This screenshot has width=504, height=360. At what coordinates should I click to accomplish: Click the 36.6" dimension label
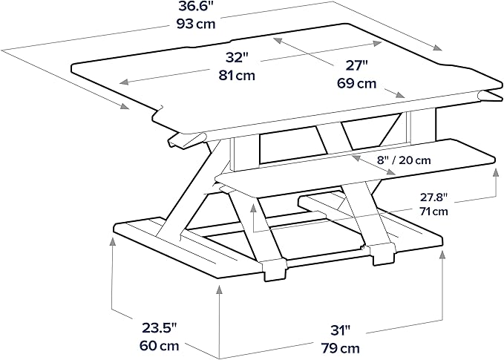pyautogui.click(x=195, y=6)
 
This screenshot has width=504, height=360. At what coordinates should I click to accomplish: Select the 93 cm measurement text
pyautogui.click(x=195, y=24)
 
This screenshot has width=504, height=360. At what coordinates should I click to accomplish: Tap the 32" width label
pyautogui.click(x=238, y=58)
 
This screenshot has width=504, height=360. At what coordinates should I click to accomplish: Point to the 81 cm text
pyautogui.click(x=238, y=76)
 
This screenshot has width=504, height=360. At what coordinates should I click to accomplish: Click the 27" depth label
pyautogui.click(x=356, y=66)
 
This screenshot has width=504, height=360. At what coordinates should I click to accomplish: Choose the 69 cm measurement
pyautogui.click(x=356, y=84)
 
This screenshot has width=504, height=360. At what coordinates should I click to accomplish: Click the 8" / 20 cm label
pyautogui.click(x=404, y=160)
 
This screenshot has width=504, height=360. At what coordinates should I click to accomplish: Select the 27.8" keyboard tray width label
pyautogui.click(x=433, y=197)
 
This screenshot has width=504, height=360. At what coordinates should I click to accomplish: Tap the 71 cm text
pyautogui.click(x=433, y=212)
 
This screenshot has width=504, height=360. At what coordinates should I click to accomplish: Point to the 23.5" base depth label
pyautogui.click(x=160, y=329)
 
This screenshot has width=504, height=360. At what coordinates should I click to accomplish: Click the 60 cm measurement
pyautogui.click(x=159, y=346)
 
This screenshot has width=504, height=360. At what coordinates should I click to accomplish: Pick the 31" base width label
pyautogui.click(x=341, y=330)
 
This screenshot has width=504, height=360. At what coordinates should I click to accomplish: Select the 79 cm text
pyautogui.click(x=340, y=348)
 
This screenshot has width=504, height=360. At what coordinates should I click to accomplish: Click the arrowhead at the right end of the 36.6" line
pyautogui.click(x=437, y=48)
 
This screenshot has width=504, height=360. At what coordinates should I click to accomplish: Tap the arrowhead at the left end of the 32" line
pyautogui.click(x=125, y=82)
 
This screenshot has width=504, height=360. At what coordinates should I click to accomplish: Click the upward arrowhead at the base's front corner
pyautogui.click(x=219, y=290)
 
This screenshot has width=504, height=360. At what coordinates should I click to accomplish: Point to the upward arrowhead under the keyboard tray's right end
pyautogui.click(x=494, y=171)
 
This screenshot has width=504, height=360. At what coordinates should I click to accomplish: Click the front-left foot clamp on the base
pyautogui.click(x=274, y=270)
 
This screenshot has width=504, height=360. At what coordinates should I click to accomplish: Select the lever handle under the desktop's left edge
pyautogui.click(x=186, y=140)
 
